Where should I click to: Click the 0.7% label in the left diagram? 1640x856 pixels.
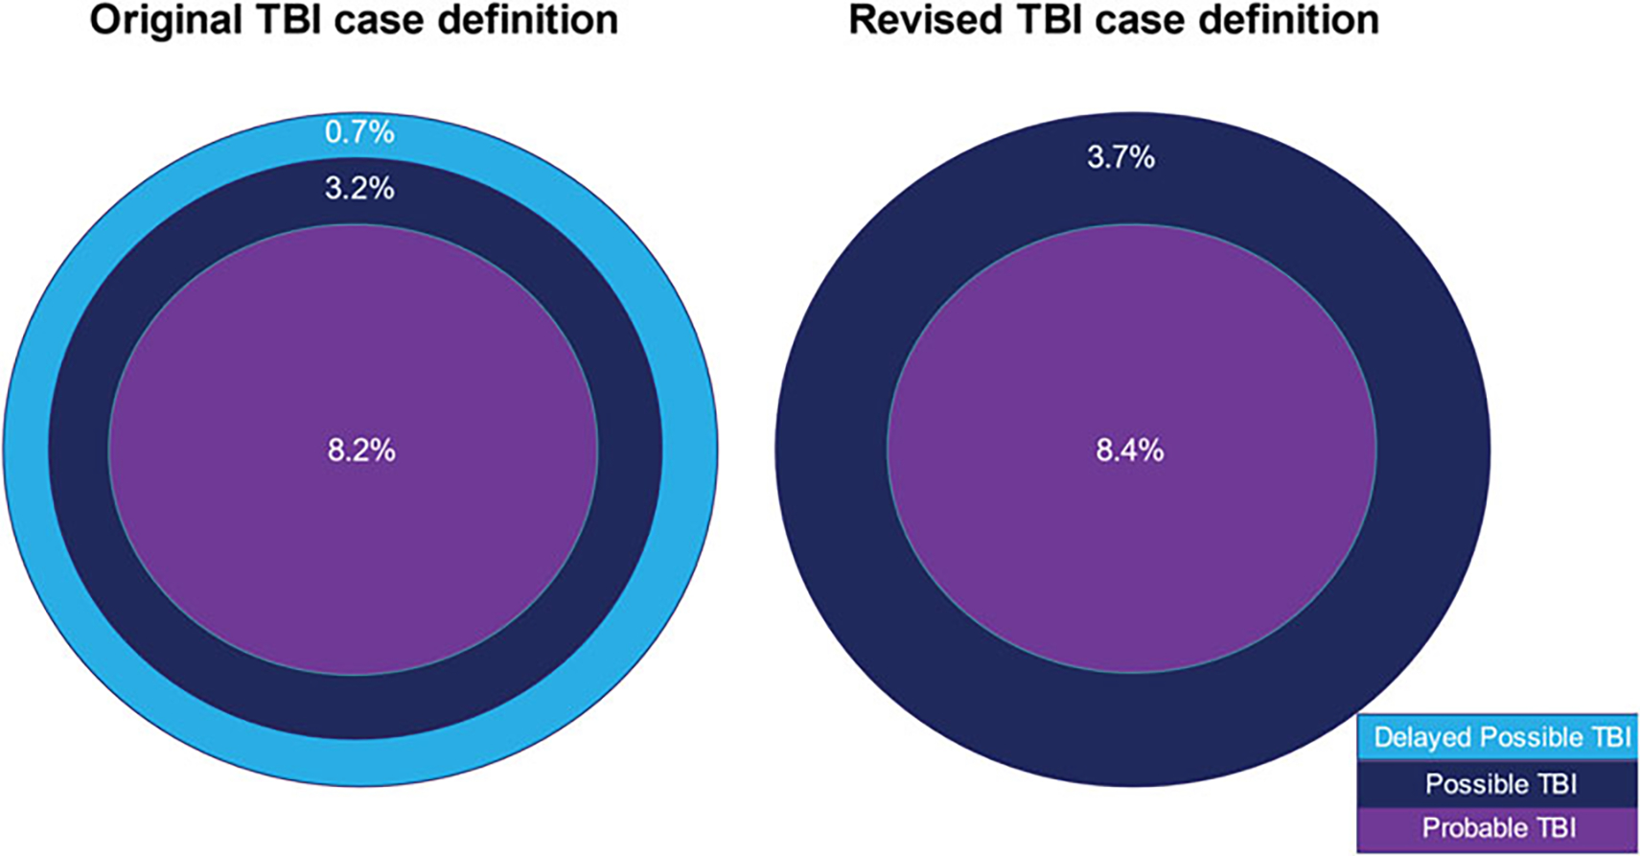(x=359, y=132)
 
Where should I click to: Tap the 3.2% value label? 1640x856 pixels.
(x=359, y=189)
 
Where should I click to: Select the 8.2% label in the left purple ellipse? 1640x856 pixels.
(x=361, y=451)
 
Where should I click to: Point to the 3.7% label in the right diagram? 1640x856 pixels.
(x=1120, y=157)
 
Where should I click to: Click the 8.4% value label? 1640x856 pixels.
(x=1130, y=451)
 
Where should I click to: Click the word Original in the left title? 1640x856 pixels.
(x=166, y=20)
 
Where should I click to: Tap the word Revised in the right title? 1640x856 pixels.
(x=925, y=20)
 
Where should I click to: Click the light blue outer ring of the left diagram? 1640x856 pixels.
(x=26, y=451)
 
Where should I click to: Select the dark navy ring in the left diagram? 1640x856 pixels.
(x=79, y=451)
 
